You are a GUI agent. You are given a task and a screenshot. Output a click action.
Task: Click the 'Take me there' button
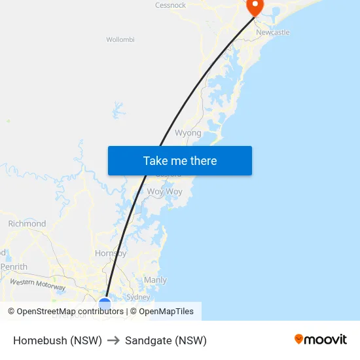point(180,161)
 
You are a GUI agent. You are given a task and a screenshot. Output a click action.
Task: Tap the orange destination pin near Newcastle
point(254,7)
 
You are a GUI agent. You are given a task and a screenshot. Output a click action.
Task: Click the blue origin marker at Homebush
point(105,304)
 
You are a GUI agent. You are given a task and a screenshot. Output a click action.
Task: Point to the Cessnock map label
point(170,5)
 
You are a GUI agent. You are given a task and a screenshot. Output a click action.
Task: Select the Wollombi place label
point(120,39)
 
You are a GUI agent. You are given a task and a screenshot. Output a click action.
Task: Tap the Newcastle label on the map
point(272,32)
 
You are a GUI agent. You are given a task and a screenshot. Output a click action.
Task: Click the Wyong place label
point(188,133)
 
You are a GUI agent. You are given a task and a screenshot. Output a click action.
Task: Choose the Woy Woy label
point(164,192)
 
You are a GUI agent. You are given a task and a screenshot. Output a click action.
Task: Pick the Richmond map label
point(27,224)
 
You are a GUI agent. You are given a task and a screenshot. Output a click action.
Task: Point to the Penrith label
point(14,267)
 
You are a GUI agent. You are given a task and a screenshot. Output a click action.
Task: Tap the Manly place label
point(155,280)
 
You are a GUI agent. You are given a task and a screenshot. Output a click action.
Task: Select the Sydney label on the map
point(137,297)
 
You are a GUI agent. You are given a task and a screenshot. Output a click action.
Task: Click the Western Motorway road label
point(37,285)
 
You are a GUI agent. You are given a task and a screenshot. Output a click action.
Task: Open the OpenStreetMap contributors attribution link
point(70,312)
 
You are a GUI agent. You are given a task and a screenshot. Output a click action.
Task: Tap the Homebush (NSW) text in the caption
point(58,340)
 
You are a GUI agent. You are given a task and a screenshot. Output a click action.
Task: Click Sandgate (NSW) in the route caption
point(166,340)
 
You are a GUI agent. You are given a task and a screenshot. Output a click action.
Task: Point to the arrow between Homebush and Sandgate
point(113,340)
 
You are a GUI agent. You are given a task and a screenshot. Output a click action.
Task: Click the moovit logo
point(321,339)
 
